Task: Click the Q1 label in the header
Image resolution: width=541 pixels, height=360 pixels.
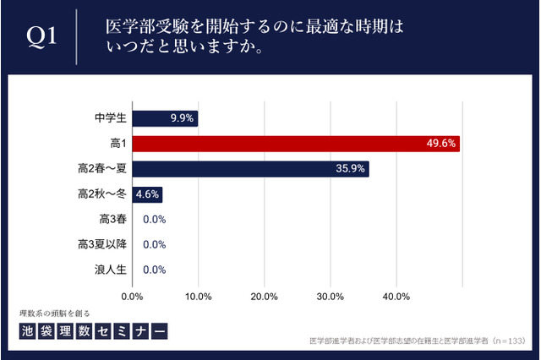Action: tap(41, 37)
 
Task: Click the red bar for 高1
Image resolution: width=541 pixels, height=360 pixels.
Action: tap(296, 144)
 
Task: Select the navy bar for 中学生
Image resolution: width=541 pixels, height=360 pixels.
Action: tap(165, 118)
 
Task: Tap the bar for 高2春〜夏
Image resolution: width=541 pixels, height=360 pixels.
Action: tap(250, 168)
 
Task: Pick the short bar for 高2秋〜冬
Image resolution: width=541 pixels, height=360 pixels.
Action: tap(147, 194)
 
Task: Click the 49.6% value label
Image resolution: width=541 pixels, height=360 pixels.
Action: tap(441, 144)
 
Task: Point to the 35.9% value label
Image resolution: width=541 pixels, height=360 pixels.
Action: tap(350, 168)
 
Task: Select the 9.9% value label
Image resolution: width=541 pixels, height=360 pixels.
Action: tap(183, 118)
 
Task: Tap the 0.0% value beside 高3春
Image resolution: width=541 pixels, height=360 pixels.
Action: tap(154, 220)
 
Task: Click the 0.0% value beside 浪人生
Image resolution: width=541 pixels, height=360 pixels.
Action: tap(154, 270)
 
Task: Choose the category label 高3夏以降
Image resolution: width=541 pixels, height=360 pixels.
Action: tap(101, 245)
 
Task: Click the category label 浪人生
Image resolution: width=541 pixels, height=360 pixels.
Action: tap(112, 270)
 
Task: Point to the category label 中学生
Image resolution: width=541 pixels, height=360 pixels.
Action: tap(112, 118)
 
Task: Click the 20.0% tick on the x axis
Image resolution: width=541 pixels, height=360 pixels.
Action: tap(265, 297)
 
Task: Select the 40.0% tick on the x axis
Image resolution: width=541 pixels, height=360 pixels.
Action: tap(396, 297)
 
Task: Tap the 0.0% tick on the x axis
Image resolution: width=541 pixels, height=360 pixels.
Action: tap(133, 297)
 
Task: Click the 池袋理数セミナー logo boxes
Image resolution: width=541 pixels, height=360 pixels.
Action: tap(92, 331)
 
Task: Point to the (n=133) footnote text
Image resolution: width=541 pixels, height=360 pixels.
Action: tap(505, 342)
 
